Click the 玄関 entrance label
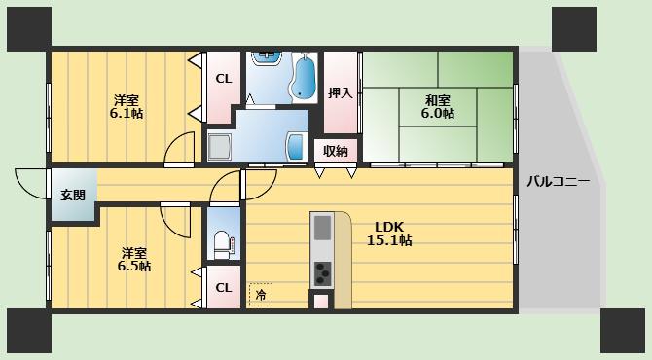pos(73,195)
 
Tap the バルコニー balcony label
pos(558,182)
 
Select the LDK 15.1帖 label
pos(389,234)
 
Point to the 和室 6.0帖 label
pos(438,107)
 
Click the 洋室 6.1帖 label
pos(127,107)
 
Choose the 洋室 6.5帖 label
pos(134,260)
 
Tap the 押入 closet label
pos(341,92)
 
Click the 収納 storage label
pos(336,151)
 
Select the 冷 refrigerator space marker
pos(261,295)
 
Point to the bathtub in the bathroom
pos(304,77)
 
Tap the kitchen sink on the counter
pos(322,228)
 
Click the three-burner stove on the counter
pos(322,273)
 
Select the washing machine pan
pos(220,148)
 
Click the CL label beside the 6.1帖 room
pos(224,79)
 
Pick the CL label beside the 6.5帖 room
pos(224,287)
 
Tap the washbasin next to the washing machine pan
pos(296,147)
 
